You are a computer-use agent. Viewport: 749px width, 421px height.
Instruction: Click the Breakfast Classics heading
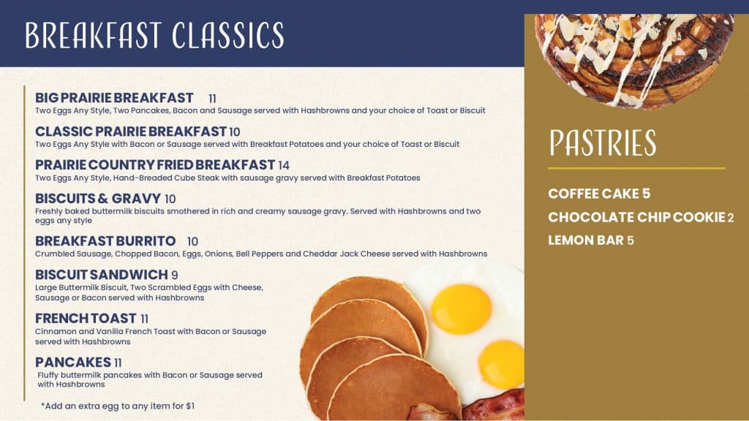tap(155, 35)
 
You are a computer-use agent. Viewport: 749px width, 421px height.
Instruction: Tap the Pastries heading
tap(603, 143)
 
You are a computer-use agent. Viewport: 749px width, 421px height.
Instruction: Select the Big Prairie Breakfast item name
tap(114, 98)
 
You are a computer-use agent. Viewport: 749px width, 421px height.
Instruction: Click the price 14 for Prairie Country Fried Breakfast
tap(284, 166)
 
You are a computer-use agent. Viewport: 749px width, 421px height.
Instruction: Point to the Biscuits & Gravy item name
tap(98, 199)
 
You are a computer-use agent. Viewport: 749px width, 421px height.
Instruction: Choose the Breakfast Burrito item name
tap(105, 241)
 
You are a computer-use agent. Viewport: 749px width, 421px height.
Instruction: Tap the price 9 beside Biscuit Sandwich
tap(175, 276)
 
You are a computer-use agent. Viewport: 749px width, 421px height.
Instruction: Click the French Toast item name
tap(86, 319)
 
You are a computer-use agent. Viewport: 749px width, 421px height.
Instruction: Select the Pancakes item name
tap(73, 363)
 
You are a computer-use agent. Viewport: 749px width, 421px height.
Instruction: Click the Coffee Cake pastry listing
tap(599, 194)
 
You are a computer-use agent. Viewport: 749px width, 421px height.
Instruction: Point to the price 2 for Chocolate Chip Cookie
tap(731, 218)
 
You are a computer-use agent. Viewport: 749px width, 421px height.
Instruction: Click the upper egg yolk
tap(461, 309)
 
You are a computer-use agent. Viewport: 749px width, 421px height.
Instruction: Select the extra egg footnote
tap(118, 406)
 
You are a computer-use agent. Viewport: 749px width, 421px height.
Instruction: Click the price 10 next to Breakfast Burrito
tap(192, 241)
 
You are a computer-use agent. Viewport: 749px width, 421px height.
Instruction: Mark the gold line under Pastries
tap(637, 168)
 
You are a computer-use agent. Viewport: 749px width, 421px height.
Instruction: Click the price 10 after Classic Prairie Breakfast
tap(235, 132)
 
